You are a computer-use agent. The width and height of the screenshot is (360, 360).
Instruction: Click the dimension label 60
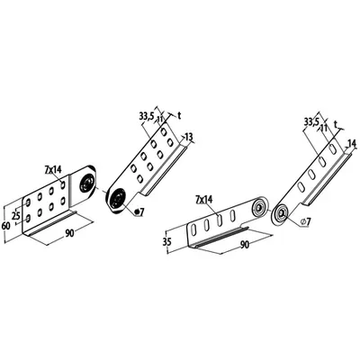6,225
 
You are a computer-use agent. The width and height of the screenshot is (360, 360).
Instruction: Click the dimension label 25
16,215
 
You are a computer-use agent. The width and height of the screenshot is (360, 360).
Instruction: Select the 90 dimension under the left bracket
69,233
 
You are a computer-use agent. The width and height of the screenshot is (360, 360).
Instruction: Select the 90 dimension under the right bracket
245,245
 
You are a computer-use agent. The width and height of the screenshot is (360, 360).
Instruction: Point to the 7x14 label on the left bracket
52,170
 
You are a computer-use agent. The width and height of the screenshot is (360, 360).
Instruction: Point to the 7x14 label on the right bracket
203,199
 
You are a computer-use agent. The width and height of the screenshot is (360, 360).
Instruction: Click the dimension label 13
189,137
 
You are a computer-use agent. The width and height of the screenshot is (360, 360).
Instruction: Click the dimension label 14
352,144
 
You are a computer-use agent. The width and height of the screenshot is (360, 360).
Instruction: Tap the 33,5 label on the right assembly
310,121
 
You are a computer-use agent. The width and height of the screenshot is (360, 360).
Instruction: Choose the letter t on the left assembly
179,115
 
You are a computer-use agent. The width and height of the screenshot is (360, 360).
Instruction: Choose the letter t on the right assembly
337,123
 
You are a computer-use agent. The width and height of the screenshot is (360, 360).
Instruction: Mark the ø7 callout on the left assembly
140,212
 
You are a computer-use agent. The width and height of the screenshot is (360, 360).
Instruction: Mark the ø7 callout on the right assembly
306,221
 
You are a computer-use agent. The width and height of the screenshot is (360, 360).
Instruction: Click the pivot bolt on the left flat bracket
87,184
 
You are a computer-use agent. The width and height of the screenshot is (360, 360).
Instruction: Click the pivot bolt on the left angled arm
117,199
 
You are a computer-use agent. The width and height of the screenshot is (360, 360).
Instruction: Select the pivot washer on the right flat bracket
258,207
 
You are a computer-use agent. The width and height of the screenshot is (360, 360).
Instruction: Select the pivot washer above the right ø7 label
281,213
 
